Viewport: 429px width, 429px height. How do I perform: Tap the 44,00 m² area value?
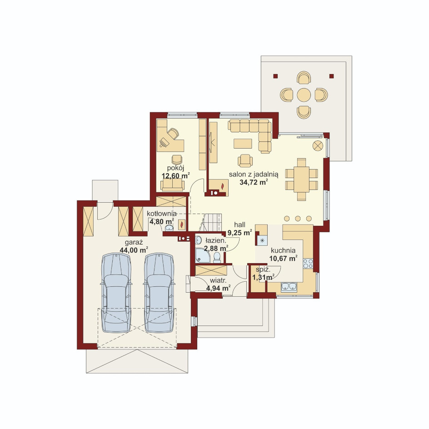tap(134, 250)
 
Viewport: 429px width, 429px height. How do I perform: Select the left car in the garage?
tap(116, 293)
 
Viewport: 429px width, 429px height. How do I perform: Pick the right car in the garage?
tap(159, 293)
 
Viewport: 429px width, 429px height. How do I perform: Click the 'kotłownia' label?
tap(162, 214)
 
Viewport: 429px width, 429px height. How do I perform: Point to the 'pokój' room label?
tap(175, 168)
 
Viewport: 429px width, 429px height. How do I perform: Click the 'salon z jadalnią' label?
tap(254, 175)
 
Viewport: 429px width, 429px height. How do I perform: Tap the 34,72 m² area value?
tap(254, 182)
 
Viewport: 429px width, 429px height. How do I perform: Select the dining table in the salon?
tap(301, 179)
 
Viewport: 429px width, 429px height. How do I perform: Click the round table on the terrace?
tap(304, 95)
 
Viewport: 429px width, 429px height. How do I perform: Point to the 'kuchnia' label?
tap(283, 250)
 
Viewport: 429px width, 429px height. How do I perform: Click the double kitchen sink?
tap(289, 286)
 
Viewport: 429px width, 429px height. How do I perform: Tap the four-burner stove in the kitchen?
tap(308, 263)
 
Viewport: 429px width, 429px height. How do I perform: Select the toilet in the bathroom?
tap(217, 258)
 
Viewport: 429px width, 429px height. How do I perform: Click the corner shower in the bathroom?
tap(203, 256)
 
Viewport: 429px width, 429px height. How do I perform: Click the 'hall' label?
tap(239, 225)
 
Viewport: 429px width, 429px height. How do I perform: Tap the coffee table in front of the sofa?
tap(243, 144)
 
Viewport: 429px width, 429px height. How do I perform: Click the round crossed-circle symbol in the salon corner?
tap(318, 145)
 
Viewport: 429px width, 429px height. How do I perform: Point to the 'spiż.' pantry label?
tap(263, 270)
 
